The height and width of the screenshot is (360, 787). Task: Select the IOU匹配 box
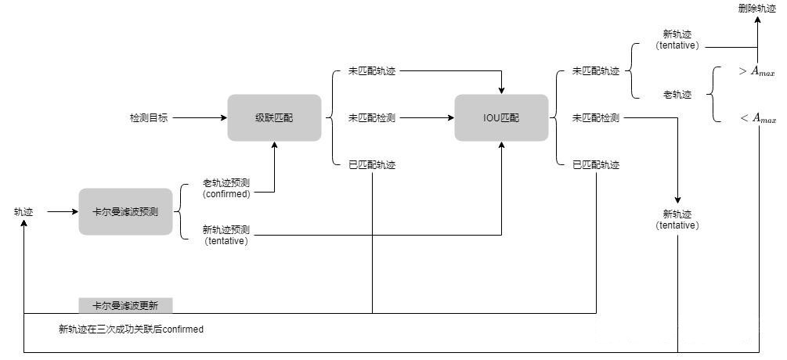[501, 117]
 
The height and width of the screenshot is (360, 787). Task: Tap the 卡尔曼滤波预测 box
[125, 211]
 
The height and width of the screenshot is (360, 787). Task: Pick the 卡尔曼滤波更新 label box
[125, 305]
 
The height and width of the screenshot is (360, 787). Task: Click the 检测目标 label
[149, 118]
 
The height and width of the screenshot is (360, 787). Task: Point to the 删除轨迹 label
[756, 9]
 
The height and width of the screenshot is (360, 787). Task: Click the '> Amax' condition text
[756, 72]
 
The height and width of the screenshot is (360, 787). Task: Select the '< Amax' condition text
[756, 119]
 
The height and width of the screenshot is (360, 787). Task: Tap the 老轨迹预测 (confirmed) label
[226, 189]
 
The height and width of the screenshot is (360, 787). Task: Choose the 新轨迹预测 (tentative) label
[226, 235]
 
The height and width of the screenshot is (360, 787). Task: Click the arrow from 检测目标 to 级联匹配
[197, 118]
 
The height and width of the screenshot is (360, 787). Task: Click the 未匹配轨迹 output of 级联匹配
[372, 71]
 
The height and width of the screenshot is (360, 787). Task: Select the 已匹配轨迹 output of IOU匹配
[596, 165]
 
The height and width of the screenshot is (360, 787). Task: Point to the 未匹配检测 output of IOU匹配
[596, 118]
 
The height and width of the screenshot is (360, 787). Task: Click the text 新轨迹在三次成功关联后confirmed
[131, 329]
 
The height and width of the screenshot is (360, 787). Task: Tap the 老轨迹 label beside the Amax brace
[677, 95]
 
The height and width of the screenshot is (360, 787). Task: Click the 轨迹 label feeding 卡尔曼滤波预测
[23, 211]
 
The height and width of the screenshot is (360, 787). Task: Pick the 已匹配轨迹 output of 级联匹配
[372, 165]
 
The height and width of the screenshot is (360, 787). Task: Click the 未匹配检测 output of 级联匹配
[372, 118]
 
